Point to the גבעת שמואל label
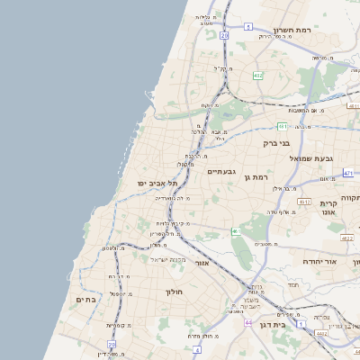coord(311,158)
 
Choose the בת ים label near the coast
coord(85,300)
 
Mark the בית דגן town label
coord(271,325)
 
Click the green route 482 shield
coord(258,76)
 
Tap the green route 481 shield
coord(283,126)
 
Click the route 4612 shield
coord(305,202)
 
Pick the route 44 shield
coord(248,321)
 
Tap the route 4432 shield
coord(321,333)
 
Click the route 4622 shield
coord(346,238)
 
